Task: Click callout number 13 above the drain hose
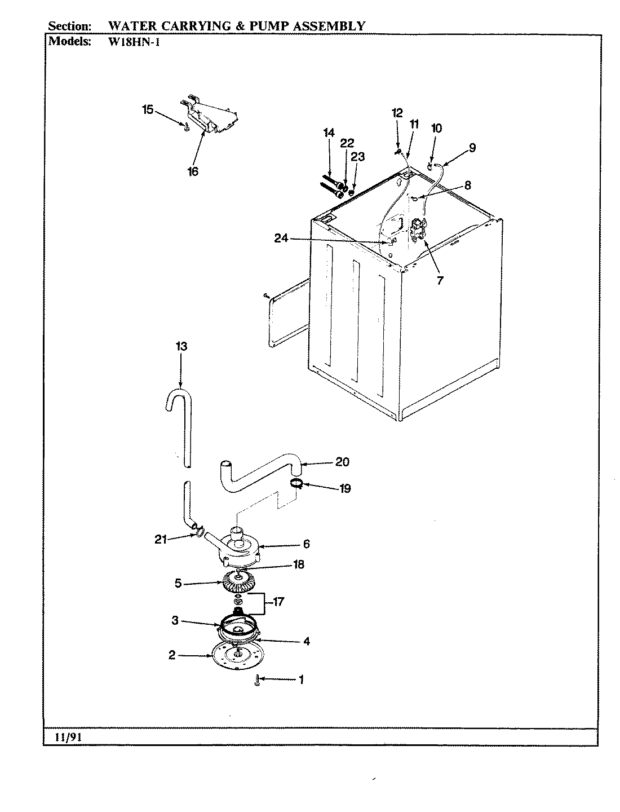pyautogui.click(x=181, y=347)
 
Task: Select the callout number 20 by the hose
pyautogui.click(x=342, y=462)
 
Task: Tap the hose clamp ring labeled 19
pyautogui.click(x=298, y=483)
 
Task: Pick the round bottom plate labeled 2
pyautogui.click(x=237, y=656)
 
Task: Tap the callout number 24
pyautogui.click(x=281, y=239)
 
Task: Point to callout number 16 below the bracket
pyautogui.click(x=193, y=171)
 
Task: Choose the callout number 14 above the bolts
pyautogui.click(x=329, y=133)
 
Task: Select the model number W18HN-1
pyautogui.click(x=134, y=41)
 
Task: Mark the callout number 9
pyautogui.click(x=472, y=148)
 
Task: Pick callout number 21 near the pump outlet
pyautogui.click(x=161, y=540)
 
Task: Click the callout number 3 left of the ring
pyautogui.click(x=175, y=621)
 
